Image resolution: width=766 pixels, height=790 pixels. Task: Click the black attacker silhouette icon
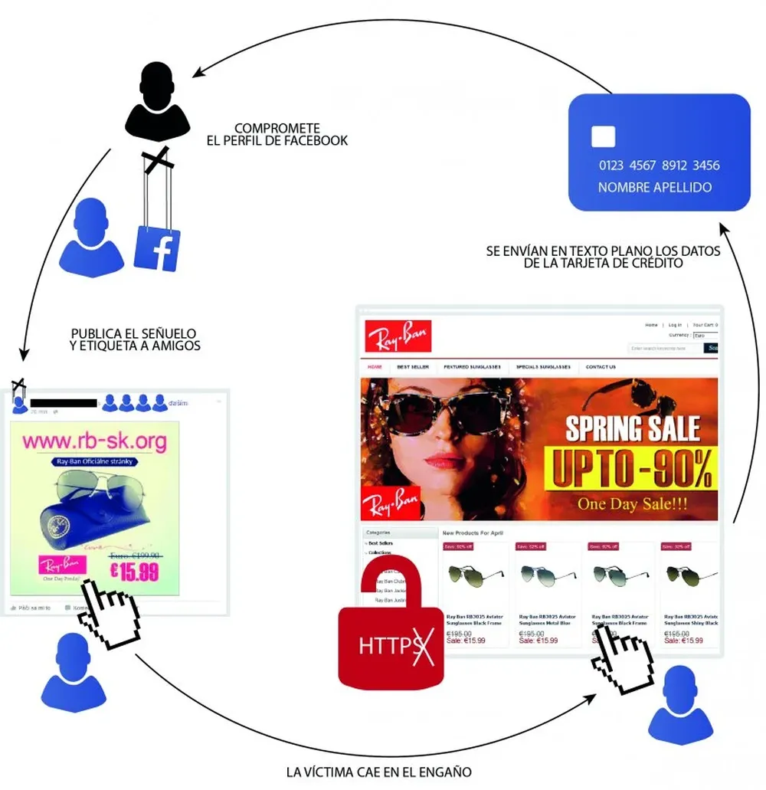[x=157, y=103]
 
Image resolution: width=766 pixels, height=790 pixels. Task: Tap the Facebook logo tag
[x=157, y=249]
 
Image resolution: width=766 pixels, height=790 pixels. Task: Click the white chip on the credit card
[x=603, y=137]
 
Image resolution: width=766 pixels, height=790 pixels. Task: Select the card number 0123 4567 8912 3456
[x=659, y=166]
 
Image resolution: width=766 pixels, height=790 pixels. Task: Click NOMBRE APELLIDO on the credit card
[x=655, y=188]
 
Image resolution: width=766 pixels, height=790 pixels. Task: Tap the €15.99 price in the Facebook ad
[x=134, y=571]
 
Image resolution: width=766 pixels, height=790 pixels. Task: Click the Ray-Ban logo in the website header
[x=398, y=336]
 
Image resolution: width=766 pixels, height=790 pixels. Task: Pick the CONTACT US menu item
[x=601, y=367]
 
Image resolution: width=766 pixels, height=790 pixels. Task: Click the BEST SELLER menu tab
[x=413, y=367]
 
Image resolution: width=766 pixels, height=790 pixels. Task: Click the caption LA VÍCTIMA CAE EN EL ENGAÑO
[x=378, y=772]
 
